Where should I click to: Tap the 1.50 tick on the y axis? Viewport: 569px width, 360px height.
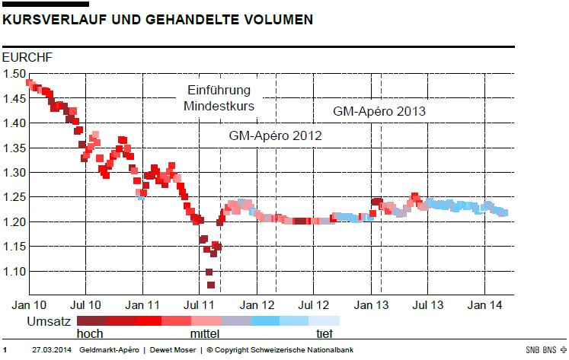[x=14, y=74]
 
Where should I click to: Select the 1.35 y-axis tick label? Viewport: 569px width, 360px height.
[x=14, y=148]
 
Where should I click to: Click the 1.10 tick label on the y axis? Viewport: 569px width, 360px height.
[x=14, y=272]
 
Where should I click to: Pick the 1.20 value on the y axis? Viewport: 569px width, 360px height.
[x=14, y=222]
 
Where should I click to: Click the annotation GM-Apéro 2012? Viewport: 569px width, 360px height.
[x=275, y=136]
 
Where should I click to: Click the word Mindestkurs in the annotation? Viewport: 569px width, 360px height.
[x=219, y=107]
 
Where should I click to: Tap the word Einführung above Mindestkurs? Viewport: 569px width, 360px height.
[x=219, y=91]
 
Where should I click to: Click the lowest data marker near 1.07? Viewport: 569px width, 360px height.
[x=210, y=285]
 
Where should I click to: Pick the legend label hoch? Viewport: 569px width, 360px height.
[x=90, y=333]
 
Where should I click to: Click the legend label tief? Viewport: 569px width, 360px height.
[x=324, y=333]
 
